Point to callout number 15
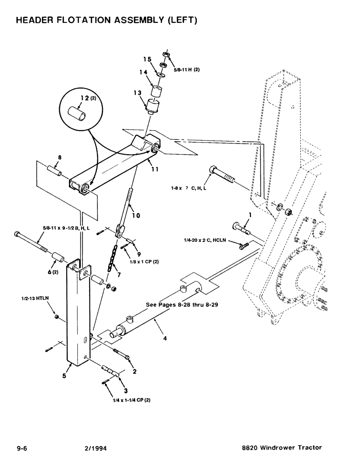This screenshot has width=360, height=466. [147, 60]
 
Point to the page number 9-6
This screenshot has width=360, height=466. [22, 448]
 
